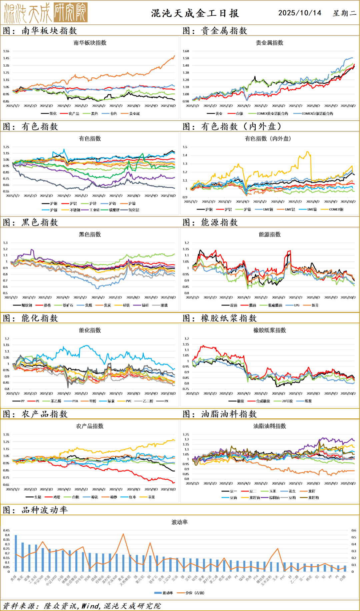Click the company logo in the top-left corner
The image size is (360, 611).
(46, 13)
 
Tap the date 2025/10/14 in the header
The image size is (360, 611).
(300, 13)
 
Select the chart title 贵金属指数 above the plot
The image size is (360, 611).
(269, 43)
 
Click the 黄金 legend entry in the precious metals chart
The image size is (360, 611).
(219, 114)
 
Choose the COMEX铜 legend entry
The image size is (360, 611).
(336, 210)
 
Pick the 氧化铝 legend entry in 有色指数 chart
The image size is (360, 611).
(134, 210)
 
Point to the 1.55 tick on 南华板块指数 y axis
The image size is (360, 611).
(6, 51)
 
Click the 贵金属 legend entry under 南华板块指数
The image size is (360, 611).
(134, 114)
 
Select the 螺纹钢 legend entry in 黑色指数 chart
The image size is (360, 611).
(27, 305)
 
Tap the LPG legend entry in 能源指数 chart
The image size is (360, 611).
(296, 305)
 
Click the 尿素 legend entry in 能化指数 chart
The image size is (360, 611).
(111, 401)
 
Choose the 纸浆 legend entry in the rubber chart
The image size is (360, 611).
(308, 401)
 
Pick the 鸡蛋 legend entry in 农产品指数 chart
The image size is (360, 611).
(57, 497)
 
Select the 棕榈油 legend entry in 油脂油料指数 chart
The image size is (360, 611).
(274, 498)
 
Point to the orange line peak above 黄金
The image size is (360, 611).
(123, 534)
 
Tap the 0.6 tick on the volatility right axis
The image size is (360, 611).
(354, 530)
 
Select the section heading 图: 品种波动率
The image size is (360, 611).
(35, 510)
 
